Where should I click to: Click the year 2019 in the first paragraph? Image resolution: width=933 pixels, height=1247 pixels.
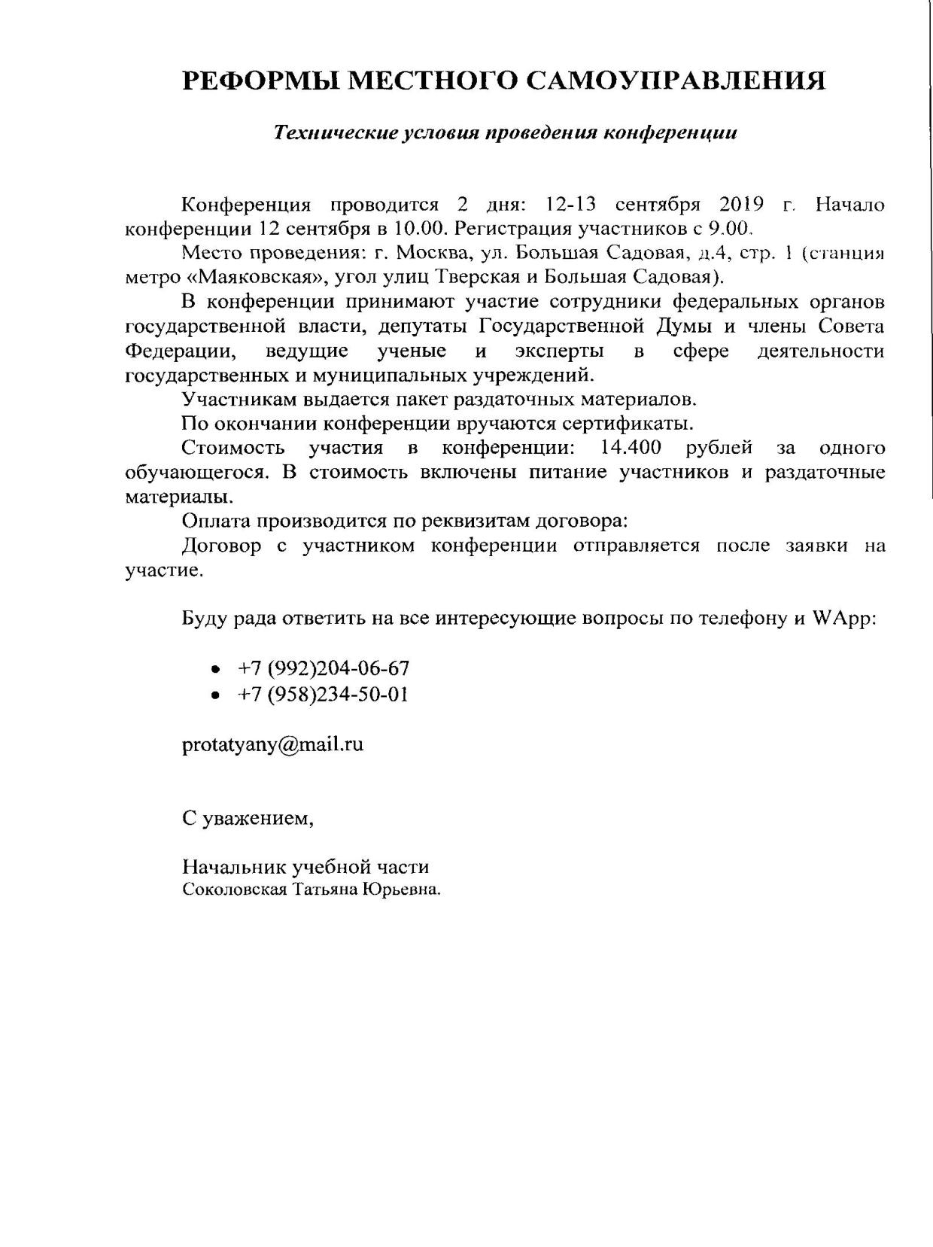click(742, 205)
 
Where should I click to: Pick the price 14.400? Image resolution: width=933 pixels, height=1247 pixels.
click(631, 448)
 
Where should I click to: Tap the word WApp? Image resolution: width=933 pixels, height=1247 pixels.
click(843, 619)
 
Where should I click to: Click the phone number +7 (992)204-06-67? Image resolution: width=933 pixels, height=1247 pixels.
click(323, 668)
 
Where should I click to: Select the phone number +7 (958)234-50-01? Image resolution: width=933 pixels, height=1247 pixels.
click(323, 694)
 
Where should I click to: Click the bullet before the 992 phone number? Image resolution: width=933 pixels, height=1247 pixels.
click(217, 670)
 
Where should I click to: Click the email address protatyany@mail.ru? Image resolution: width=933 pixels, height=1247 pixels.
click(273, 744)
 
